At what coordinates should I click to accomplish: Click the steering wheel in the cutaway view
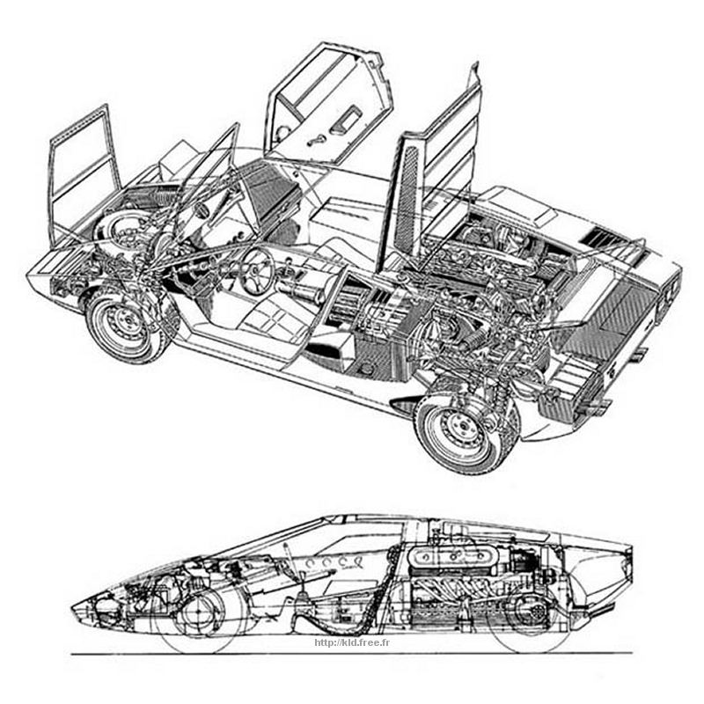click(257, 271)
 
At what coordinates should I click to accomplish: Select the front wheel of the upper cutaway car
click(127, 324)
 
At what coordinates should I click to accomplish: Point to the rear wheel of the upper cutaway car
click(463, 430)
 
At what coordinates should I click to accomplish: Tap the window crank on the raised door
click(318, 140)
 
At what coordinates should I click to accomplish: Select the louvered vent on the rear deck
click(604, 238)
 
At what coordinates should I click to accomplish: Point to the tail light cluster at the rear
click(668, 293)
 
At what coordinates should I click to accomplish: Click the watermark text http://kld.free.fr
click(352, 642)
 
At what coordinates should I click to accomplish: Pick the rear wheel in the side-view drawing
click(529, 612)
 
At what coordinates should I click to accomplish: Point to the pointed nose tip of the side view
click(72, 608)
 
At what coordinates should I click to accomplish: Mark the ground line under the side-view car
click(351, 654)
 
